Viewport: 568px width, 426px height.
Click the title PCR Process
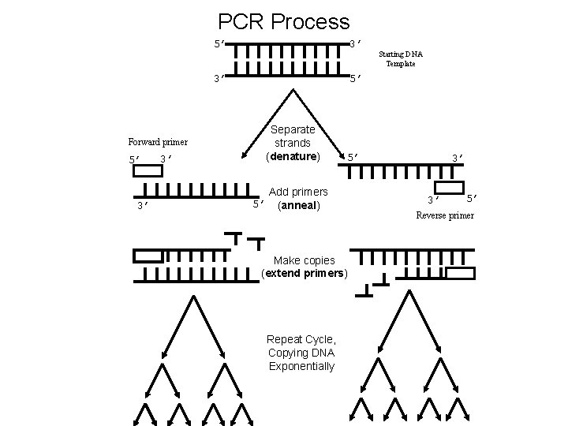point(283,21)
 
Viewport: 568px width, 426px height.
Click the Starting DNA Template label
point(400,58)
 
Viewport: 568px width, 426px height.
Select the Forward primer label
point(158,142)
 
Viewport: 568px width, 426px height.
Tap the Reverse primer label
point(445,215)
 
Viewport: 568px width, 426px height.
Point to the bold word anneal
point(294,205)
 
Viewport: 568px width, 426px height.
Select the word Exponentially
point(301,366)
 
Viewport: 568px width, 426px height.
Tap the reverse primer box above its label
point(449,187)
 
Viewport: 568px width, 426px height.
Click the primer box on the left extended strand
point(148,256)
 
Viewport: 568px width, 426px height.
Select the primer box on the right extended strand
point(460,273)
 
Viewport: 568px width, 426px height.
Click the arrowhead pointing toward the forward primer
point(243,155)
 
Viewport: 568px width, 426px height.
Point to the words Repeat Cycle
point(301,339)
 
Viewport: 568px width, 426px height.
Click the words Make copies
point(304,260)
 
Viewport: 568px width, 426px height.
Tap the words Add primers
point(298,192)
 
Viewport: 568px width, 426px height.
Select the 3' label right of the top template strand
point(356,42)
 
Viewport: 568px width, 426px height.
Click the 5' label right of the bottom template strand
point(356,78)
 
